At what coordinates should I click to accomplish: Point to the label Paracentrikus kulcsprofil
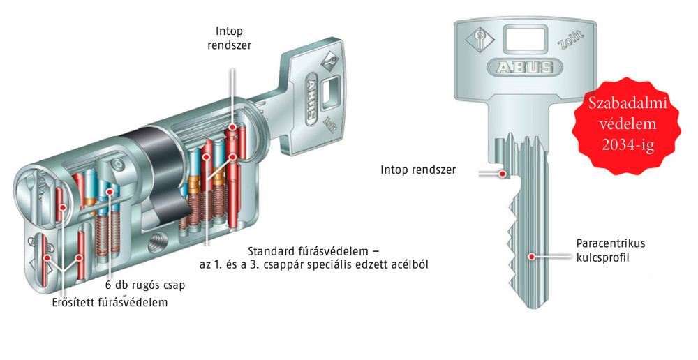pos(610,250)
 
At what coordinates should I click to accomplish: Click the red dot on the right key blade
pos(532,257)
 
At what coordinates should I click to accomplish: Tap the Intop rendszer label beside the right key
pos(418,170)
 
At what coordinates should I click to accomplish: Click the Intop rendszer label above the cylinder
pos(234,39)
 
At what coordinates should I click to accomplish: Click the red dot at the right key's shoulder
pos(507,173)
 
